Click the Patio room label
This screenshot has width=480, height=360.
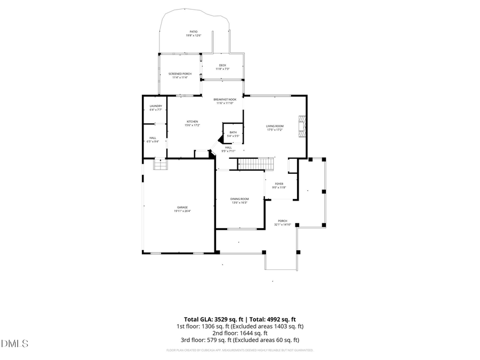193,34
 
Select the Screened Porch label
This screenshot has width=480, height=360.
180,75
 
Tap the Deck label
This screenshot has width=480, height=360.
222,67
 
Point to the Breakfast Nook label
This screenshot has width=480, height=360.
225,101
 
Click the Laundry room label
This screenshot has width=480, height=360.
156,108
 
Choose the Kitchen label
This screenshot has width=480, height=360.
192,123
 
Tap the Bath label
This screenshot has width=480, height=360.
233,134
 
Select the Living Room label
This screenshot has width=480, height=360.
275,128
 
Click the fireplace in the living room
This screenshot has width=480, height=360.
302,127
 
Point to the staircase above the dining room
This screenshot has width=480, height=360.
255,164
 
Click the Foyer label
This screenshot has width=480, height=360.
279,186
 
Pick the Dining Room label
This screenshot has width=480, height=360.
240,201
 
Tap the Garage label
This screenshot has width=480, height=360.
182,209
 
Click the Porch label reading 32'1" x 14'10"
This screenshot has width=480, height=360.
282,222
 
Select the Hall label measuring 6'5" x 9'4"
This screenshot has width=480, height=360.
153,140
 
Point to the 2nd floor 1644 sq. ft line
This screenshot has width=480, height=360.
240,333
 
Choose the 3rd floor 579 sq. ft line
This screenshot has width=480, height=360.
240,340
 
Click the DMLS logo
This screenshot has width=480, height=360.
14,343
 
